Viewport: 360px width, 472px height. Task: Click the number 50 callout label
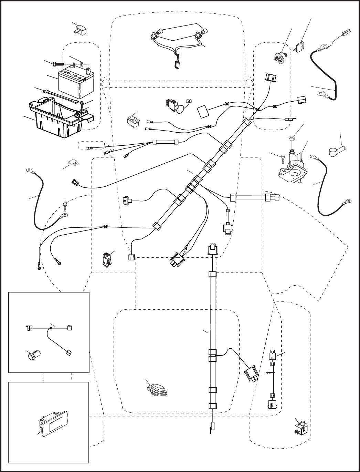[x=189, y=102]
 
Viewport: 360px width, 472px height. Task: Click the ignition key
[x=300, y=46]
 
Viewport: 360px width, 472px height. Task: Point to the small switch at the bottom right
[x=300, y=428]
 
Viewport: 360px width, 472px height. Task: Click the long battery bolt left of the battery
[x=59, y=64]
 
